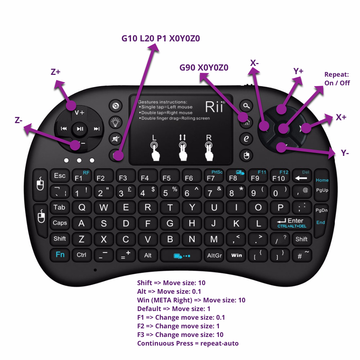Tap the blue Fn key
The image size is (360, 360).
coord(60,255)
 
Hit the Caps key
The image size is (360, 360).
coord(60,223)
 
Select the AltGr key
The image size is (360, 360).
coord(215,255)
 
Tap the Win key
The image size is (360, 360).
coord(237,255)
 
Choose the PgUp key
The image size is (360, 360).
coord(322,190)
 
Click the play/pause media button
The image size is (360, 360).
coord(80,129)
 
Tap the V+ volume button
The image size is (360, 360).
coord(79,112)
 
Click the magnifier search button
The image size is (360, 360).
coord(246,105)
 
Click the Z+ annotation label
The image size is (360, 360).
coord(55,72)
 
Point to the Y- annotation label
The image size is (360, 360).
coord(345,153)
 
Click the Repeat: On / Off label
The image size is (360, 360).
coord(337,79)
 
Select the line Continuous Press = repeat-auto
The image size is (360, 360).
coord(188,343)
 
